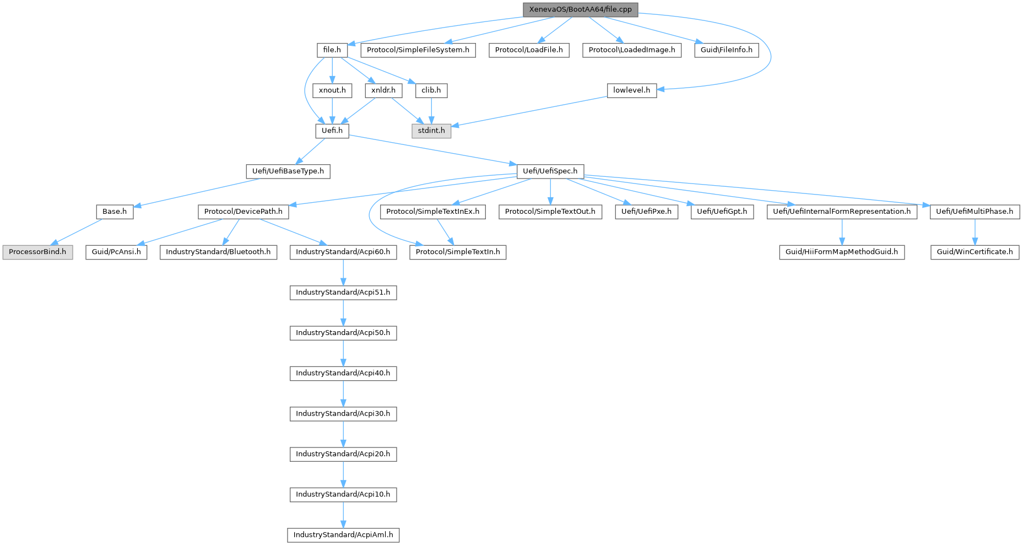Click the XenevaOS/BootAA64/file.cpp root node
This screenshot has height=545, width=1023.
[x=580, y=9]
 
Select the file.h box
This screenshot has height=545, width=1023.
[x=332, y=50]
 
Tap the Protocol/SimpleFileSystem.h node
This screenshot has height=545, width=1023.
[x=418, y=50]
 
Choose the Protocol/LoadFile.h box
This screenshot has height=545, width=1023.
[x=529, y=50]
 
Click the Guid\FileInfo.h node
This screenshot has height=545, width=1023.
[x=726, y=50]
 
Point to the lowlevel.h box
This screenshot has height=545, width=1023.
[x=631, y=90]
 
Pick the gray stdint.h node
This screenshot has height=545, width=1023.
[x=431, y=131]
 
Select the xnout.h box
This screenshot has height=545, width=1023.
[x=332, y=90]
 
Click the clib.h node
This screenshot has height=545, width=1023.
[x=431, y=90]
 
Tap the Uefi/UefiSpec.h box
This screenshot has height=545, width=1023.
[x=550, y=171]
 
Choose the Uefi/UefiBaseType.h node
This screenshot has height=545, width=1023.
[x=288, y=171]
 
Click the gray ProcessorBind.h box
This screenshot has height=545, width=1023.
[x=37, y=252]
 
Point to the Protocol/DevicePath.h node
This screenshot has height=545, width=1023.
[x=243, y=211]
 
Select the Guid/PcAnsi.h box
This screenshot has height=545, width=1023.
[x=116, y=252]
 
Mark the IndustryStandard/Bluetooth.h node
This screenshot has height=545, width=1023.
[x=218, y=252]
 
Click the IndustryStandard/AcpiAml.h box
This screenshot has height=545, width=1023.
[x=343, y=535]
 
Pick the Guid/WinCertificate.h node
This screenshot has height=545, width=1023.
[x=975, y=252]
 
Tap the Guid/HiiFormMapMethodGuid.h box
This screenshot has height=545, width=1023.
[x=841, y=252]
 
